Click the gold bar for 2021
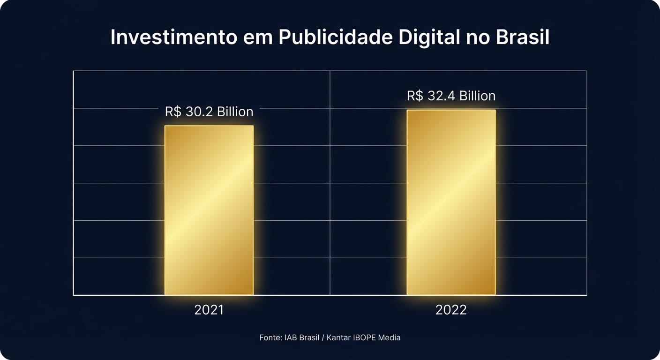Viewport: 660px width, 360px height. point(209,210)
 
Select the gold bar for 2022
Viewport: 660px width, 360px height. point(451,202)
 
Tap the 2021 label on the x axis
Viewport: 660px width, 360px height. point(209,310)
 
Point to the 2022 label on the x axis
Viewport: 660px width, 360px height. point(451,310)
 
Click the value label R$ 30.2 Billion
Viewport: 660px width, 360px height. point(209,112)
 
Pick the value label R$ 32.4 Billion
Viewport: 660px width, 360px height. point(451,96)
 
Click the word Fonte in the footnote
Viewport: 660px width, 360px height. point(270,337)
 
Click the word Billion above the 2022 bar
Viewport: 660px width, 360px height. point(477,96)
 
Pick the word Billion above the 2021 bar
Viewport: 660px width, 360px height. point(235,112)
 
